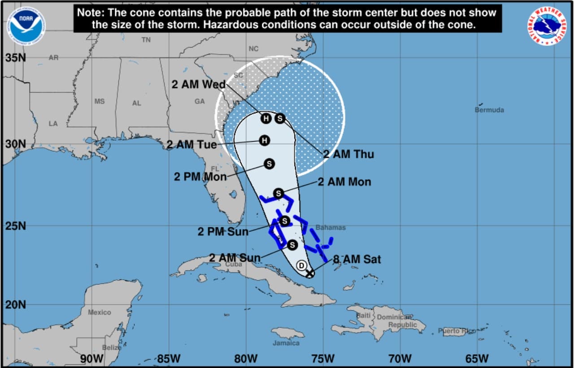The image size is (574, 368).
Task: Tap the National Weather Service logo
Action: tap(547, 26)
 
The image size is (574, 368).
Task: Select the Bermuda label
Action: tap(489, 110)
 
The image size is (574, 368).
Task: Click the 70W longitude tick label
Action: tap(400, 359)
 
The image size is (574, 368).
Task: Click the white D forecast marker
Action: tap(302, 265)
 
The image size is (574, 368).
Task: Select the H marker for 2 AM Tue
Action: tap(265, 141)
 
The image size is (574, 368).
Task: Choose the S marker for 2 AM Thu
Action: tap(280, 118)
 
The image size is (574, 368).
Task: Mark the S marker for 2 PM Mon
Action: tap(269, 164)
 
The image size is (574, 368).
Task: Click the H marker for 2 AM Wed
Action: tap(266, 118)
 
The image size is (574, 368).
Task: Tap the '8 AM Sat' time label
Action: tap(357, 259)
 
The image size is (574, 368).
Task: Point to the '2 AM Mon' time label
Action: tap(344, 182)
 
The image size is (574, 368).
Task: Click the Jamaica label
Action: tap(286, 343)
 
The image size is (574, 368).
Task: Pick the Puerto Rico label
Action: tap(457, 331)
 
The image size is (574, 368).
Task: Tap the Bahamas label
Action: tap(330, 228)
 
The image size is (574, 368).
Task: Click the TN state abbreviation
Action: tap(146, 40)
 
